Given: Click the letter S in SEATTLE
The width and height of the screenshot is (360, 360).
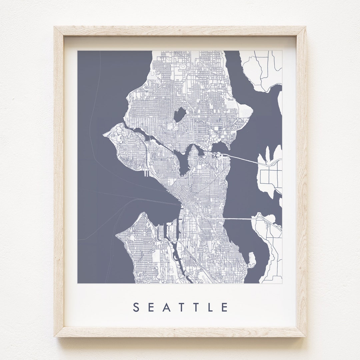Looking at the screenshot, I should (x=136, y=307).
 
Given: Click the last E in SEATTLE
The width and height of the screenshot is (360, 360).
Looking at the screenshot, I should (x=225, y=307).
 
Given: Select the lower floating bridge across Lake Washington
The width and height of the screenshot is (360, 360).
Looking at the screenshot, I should (x=238, y=219).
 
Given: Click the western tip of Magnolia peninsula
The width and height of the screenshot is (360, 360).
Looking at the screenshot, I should (x=105, y=135).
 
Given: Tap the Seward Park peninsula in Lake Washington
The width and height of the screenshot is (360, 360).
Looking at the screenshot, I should (x=252, y=259).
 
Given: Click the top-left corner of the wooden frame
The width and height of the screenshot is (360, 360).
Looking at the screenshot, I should (x=55, y=27).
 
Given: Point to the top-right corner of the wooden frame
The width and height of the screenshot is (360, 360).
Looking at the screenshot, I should (x=305, y=27).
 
